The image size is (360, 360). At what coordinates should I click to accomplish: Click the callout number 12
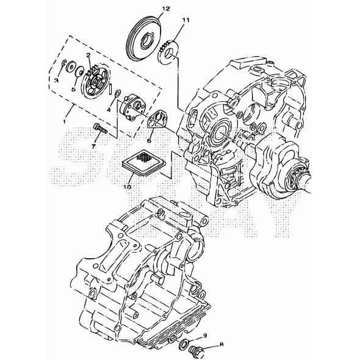[x=149, y=9]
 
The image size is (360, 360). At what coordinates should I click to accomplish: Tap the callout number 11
[x=186, y=21]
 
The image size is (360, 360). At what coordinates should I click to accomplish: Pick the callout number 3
[x=56, y=80]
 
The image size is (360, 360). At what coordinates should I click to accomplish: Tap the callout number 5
[x=73, y=88]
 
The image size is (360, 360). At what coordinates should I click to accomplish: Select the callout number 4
[x=110, y=109]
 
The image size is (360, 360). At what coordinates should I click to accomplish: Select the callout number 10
[x=128, y=187]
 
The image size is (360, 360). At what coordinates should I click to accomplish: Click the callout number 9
[x=206, y=336]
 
